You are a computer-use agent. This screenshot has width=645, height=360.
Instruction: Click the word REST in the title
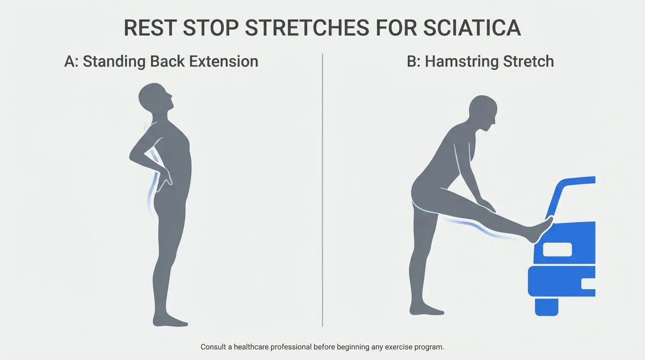point(149,29)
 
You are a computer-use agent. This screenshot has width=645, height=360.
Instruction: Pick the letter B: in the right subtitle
point(413,61)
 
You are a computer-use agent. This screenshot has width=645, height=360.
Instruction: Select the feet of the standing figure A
point(170,321)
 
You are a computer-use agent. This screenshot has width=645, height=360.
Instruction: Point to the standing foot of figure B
point(424,310)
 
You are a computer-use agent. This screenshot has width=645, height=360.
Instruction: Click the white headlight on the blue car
point(557,249)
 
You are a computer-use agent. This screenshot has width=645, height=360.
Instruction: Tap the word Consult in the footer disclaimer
point(214,347)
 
